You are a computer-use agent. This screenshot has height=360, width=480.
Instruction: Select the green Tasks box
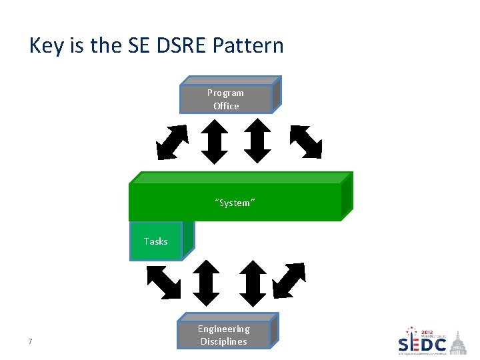[x=156, y=241]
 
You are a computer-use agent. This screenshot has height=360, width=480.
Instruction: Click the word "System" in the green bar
[x=235, y=203]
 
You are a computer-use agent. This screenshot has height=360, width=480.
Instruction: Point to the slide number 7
[x=31, y=342]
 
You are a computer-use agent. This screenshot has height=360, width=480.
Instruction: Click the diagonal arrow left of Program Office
[x=171, y=142]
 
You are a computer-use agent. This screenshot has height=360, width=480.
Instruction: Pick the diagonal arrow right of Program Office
[x=306, y=142]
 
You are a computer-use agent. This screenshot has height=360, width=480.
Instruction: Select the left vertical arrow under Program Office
[x=215, y=141]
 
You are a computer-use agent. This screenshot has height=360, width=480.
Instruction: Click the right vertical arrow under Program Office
[x=257, y=141]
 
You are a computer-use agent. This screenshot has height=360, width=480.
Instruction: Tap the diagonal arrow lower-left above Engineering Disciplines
[x=164, y=282]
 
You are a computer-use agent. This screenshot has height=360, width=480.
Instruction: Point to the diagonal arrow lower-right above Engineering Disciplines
[x=289, y=281]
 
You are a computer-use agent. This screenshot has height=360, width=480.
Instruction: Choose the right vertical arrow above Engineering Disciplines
[x=252, y=283]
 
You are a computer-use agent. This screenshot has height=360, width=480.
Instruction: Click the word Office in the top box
[x=226, y=106]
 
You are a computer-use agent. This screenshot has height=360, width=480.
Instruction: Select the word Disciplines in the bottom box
[x=224, y=341]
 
